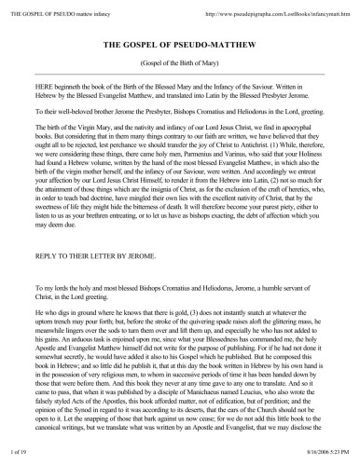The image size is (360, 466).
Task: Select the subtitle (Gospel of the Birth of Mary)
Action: pos(180,67)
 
